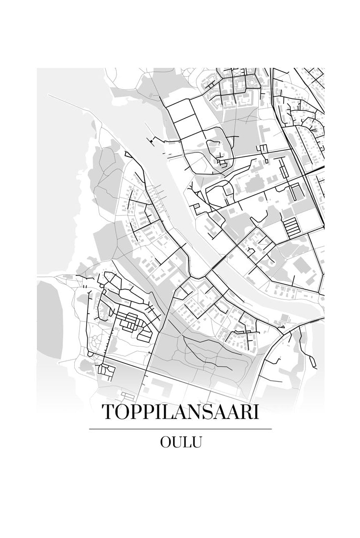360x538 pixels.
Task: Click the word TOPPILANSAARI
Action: (180, 412)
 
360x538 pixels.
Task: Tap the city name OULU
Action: (180, 442)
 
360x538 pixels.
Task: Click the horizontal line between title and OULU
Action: (180, 429)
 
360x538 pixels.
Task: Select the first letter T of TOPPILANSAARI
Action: (107, 412)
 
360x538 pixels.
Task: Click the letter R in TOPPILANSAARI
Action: (244, 412)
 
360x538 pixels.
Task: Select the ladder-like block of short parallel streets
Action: (291, 227)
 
